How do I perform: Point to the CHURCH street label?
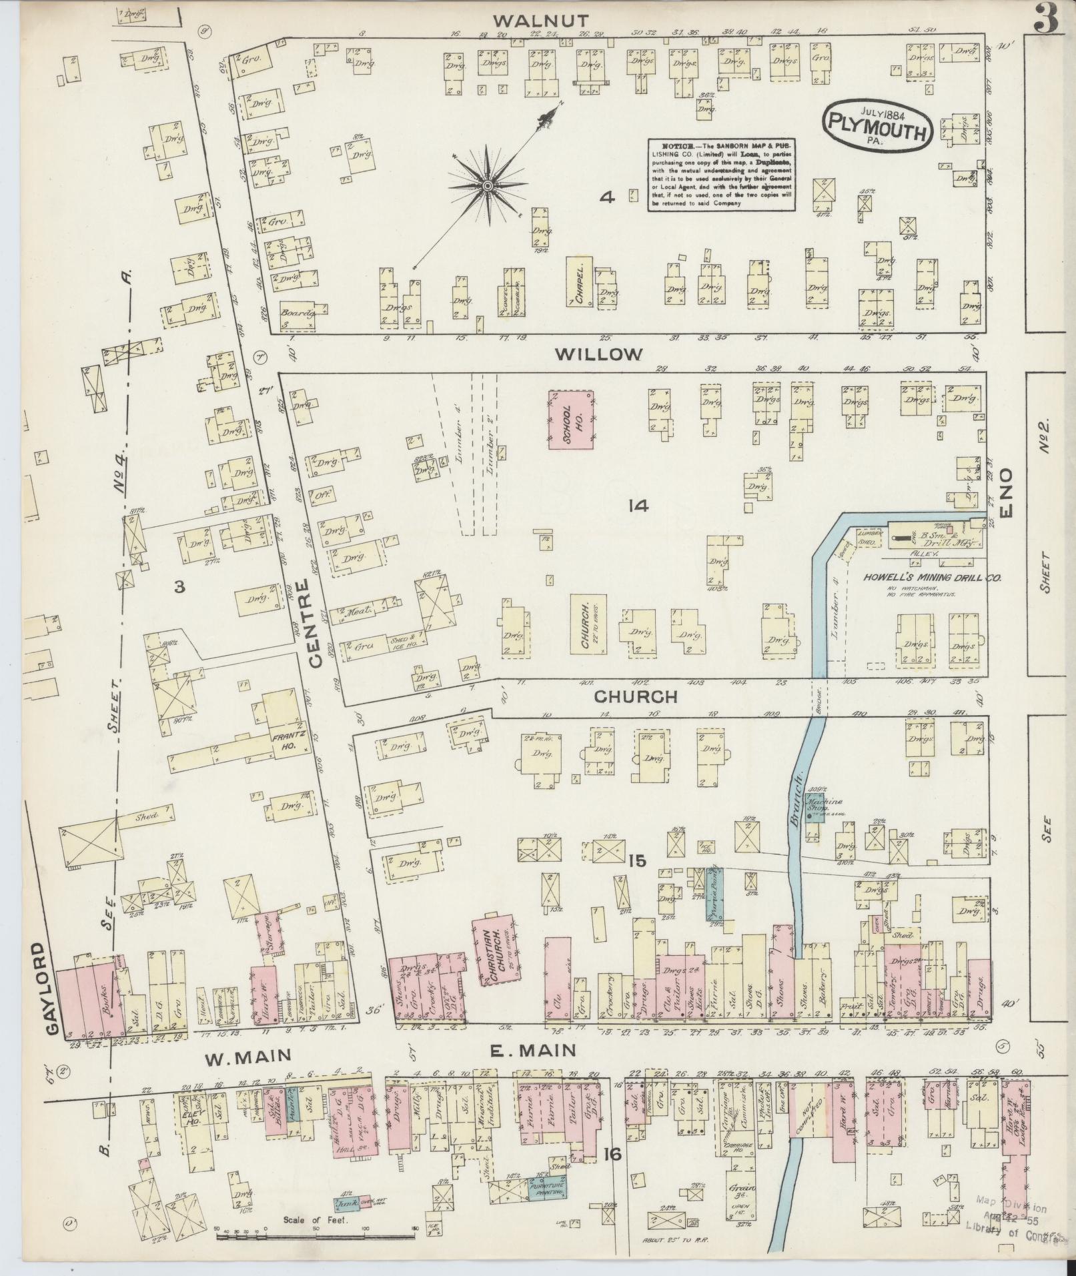coord(636,698)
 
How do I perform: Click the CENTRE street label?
coord(316,624)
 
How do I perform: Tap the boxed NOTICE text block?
coord(723,175)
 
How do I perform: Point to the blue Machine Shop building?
coord(814,812)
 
